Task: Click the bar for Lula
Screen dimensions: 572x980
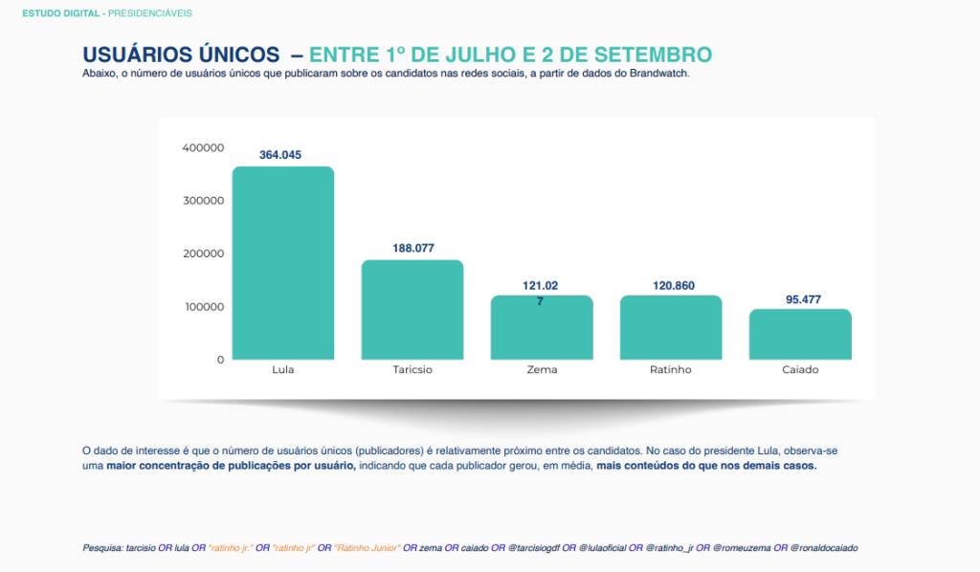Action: [x=283, y=263]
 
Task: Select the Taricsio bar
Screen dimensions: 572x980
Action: [x=412, y=310]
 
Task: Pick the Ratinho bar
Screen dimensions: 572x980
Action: [x=671, y=327]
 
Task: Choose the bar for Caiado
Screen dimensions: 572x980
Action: [x=800, y=334]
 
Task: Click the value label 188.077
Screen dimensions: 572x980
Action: [x=412, y=248]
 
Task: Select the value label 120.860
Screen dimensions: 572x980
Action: [x=671, y=285]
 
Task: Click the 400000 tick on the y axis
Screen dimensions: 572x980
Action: [x=202, y=147]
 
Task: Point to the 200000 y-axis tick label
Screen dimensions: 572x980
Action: [x=202, y=253]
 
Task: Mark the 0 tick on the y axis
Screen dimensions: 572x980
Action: [x=220, y=360]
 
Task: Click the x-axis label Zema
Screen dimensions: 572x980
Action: [x=542, y=370]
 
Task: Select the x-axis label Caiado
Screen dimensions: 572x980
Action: [x=800, y=370]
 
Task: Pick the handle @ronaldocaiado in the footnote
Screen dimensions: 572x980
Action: [x=824, y=548]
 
